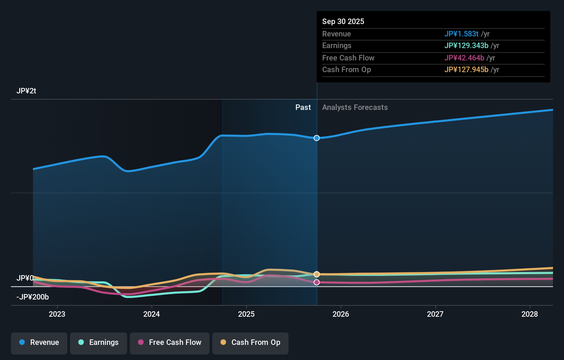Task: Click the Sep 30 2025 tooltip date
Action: click(343, 21)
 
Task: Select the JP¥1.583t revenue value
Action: click(461, 34)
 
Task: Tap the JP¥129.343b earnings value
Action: click(466, 45)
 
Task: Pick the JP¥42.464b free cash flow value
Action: click(464, 58)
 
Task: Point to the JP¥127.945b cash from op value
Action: click(466, 69)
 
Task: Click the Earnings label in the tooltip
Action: click(337, 45)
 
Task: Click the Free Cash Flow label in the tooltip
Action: click(348, 58)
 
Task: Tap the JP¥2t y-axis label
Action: click(26, 91)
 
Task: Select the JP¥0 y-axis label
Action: click(25, 278)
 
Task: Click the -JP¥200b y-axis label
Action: click(33, 297)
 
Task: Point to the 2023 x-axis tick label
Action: click(57, 314)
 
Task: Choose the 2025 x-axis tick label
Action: click(246, 314)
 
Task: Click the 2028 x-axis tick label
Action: click(529, 314)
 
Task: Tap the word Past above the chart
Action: click(303, 107)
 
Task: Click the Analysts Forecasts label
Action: click(355, 107)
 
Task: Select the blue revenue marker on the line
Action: click(317, 138)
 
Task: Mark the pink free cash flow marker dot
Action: click(317, 282)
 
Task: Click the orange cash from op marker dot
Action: click(317, 274)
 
